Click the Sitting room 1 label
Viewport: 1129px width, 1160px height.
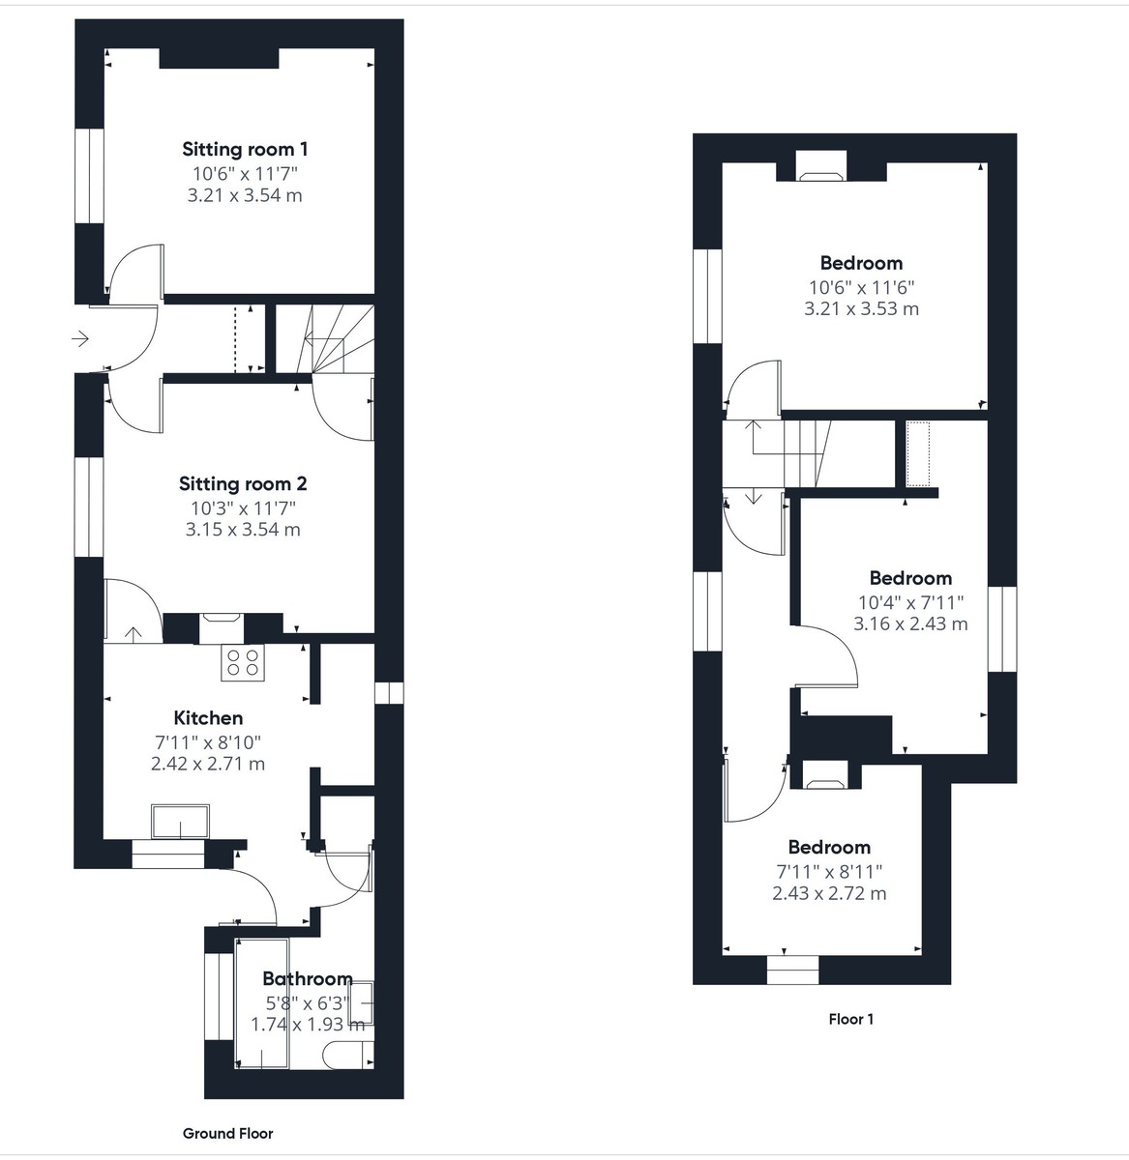pyautogui.click(x=245, y=149)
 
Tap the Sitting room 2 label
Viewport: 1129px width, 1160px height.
pyautogui.click(x=243, y=483)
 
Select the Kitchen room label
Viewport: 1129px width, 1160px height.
pyautogui.click(x=208, y=717)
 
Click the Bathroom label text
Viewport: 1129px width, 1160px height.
pyautogui.click(x=307, y=978)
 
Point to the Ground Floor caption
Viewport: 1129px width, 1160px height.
pyautogui.click(x=228, y=1133)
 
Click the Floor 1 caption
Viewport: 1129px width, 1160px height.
pyautogui.click(x=851, y=1019)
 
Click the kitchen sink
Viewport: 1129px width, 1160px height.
pyautogui.click(x=180, y=822)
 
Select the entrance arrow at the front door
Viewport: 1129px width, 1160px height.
pyautogui.click(x=80, y=339)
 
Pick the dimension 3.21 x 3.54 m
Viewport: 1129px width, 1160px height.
pyautogui.click(x=245, y=195)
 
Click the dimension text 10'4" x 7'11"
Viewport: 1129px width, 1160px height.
pyautogui.click(x=910, y=601)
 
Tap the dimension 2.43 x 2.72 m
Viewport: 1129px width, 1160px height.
pyautogui.click(x=829, y=893)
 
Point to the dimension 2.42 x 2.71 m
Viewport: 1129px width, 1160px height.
pyautogui.click(x=208, y=764)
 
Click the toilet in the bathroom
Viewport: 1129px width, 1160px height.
pyautogui.click(x=344, y=1055)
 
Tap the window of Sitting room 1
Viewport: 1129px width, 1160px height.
pyautogui.click(x=90, y=175)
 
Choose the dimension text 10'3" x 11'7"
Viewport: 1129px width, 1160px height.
pyautogui.click(x=243, y=507)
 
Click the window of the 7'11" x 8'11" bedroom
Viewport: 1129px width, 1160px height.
pyautogui.click(x=792, y=970)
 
